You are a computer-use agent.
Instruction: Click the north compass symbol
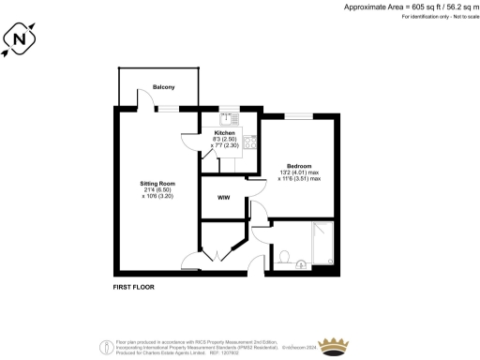22,39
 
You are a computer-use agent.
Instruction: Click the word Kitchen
225,134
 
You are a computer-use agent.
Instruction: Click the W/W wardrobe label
224,199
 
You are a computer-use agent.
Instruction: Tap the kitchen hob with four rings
250,142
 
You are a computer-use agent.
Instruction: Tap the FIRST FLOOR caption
133,286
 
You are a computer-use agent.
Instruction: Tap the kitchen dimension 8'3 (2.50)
225,141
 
